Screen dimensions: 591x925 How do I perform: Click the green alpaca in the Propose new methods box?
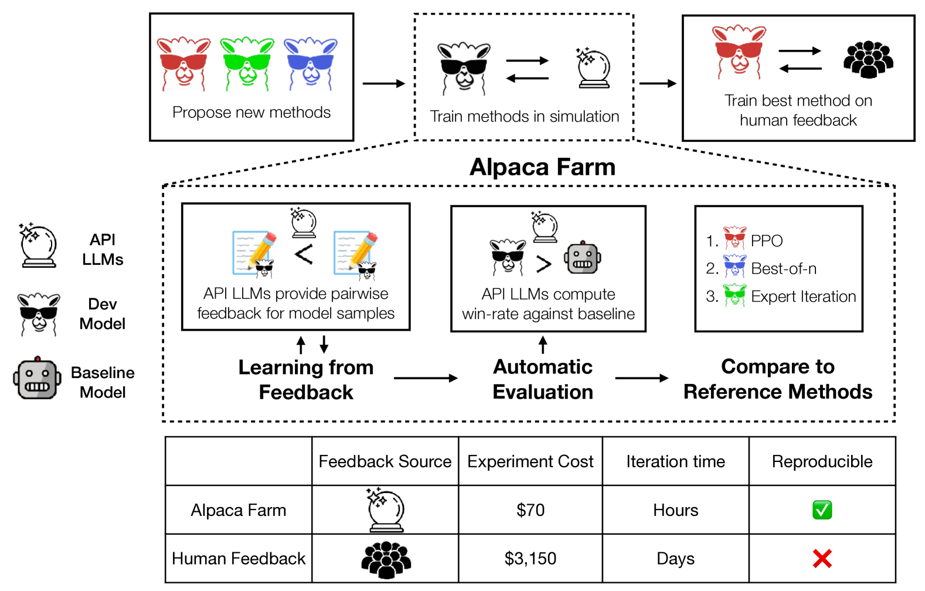[247, 63]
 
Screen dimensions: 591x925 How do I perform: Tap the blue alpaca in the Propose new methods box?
[310, 63]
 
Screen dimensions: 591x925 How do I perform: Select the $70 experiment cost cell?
[530, 510]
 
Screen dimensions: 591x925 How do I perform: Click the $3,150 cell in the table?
[530, 558]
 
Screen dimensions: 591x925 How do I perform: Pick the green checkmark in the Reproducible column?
[822, 510]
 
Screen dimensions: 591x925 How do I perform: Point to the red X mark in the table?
[822, 558]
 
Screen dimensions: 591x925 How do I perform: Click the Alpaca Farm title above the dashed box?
[542, 167]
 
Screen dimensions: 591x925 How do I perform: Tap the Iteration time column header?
[675, 461]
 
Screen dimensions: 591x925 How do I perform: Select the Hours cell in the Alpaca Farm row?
[675, 510]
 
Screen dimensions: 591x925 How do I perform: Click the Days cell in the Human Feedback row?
[675, 558]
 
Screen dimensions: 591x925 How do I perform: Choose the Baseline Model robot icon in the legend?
[38, 379]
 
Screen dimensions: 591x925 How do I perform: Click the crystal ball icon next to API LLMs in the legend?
[38, 246]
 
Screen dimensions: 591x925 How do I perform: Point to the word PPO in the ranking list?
[767, 240]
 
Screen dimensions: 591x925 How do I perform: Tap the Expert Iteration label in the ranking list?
[803, 297]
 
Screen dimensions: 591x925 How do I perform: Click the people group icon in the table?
[386, 559]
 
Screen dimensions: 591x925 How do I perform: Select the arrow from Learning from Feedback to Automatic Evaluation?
[426, 378]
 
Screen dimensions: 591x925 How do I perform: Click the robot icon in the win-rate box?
[582, 257]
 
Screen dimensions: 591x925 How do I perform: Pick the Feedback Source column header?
[385, 461]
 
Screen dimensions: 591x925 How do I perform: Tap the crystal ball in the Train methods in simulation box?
[593, 69]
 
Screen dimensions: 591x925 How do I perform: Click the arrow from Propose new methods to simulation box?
[383, 83]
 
